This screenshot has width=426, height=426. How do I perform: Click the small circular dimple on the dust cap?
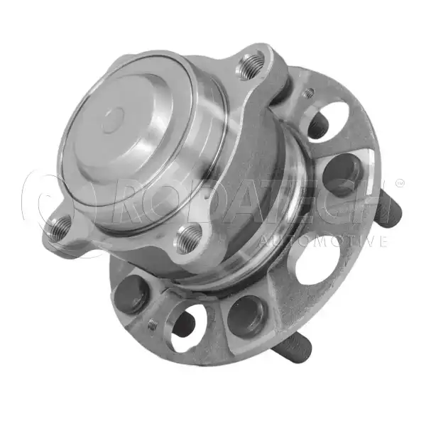coord(114,120)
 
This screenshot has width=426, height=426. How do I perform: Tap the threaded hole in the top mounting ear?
coord(251,66)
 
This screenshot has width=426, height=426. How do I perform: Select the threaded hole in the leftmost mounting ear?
coord(61,229)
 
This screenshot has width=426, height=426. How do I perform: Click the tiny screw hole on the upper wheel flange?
coord(309,93)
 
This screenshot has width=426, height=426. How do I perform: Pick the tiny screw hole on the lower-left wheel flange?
coord(153,324)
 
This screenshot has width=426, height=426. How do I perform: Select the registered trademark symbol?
coord(400,183)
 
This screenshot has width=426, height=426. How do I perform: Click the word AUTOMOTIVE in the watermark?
coord(323,241)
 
